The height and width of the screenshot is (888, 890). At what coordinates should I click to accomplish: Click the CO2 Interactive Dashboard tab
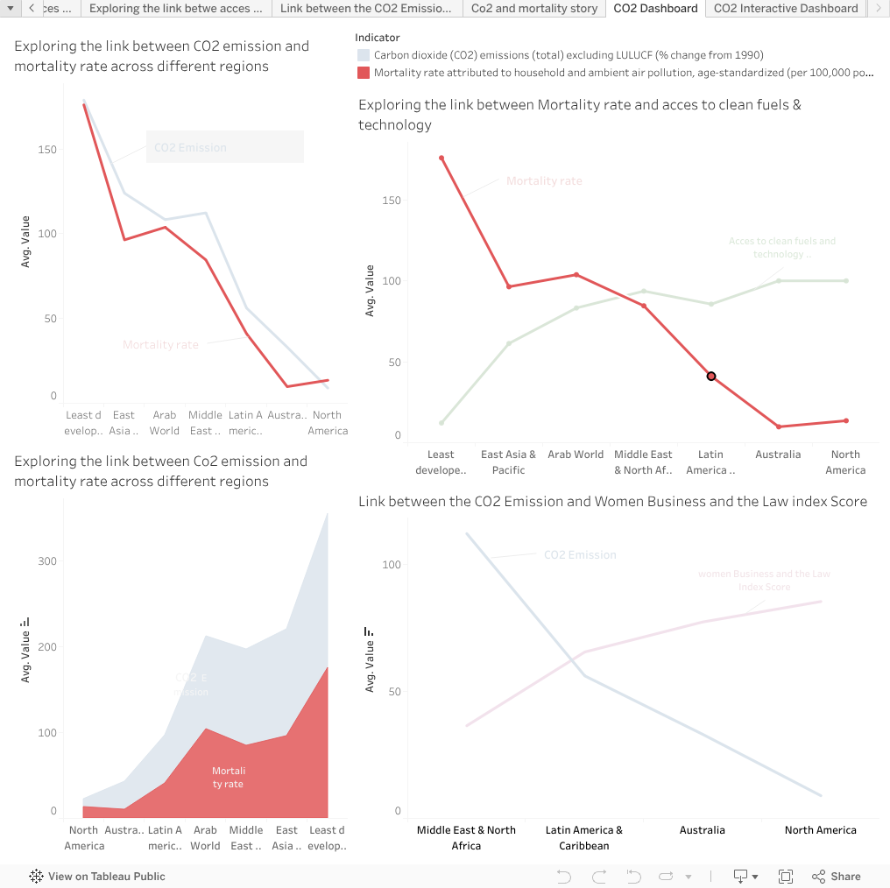(785, 9)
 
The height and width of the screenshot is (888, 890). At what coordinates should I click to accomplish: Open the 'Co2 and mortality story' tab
(533, 9)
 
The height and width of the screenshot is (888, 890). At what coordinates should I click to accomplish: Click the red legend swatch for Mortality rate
(364, 73)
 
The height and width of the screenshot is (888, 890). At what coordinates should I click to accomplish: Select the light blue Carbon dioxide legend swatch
(364, 55)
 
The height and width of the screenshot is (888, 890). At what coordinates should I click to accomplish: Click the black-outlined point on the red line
(711, 377)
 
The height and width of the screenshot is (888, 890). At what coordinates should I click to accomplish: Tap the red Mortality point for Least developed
(441, 158)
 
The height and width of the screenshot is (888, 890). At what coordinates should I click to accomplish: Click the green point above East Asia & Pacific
(509, 343)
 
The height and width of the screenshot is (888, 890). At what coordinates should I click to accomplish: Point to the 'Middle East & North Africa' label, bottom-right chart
(466, 837)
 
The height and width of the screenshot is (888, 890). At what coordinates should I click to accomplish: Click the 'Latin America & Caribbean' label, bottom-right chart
(584, 837)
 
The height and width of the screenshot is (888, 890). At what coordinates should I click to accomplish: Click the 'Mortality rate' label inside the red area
(228, 778)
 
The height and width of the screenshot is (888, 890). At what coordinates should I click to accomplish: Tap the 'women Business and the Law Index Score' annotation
(764, 581)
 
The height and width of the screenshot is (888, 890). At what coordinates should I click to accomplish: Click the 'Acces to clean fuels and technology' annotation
(781, 248)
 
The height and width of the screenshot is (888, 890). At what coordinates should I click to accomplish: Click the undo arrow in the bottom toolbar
(564, 876)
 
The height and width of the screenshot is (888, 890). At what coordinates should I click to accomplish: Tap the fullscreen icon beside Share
(786, 876)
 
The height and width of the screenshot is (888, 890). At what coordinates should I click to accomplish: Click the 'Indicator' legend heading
(378, 38)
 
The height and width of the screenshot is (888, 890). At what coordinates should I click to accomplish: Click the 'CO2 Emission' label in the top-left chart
(190, 148)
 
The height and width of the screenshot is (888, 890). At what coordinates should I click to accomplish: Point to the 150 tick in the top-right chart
(391, 201)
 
